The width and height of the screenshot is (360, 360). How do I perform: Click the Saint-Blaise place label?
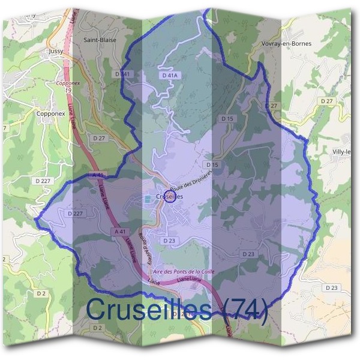point(100,40)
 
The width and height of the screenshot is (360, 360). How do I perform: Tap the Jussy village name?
point(56,52)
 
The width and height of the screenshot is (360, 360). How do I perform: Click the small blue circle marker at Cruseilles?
point(170,197)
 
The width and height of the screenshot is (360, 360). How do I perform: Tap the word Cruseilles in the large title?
point(148,310)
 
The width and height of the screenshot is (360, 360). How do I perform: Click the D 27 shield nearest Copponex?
point(99,138)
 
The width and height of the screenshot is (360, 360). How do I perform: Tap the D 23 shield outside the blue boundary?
point(331,288)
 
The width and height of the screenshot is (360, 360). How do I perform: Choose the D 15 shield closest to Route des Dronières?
point(211,164)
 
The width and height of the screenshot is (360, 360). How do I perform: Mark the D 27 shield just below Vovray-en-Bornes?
point(274,106)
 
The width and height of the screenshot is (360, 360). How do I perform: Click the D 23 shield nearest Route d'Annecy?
point(169,240)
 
